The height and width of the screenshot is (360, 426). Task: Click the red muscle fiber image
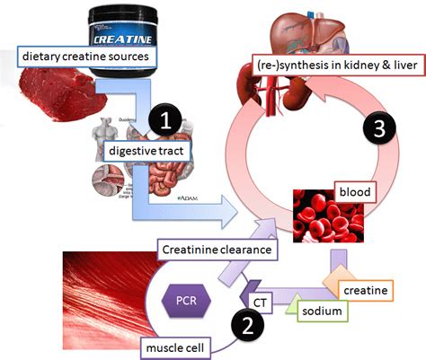[108, 287]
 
